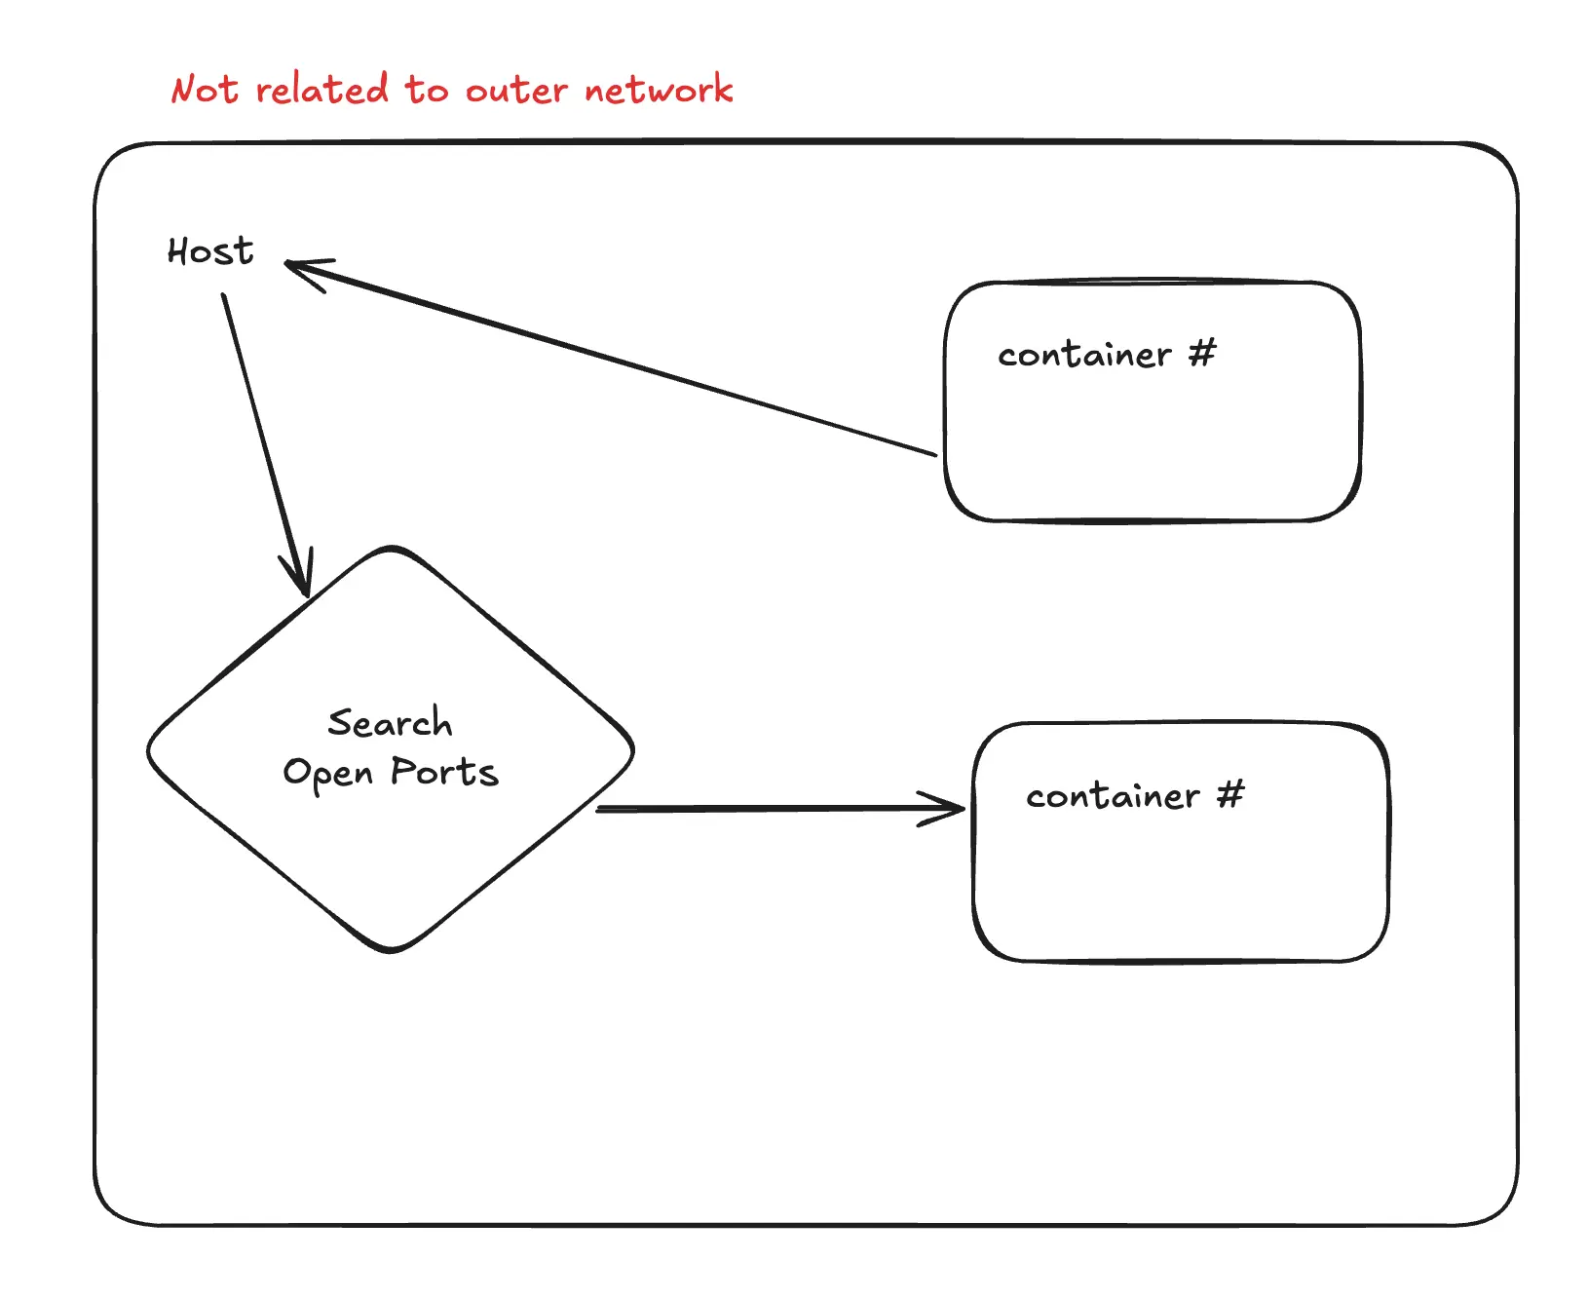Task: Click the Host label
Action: point(210,251)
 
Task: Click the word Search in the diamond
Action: point(390,723)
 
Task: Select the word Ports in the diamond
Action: point(444,772)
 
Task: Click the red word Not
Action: point(205,90)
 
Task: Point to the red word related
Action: point(322,90)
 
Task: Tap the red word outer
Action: point(516,91)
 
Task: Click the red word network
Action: point(659,90)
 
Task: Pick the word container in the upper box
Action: point(1084,355)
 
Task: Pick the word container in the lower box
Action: point(1113,796)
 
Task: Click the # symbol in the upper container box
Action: point(1203,353)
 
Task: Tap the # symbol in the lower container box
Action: point(1231,794)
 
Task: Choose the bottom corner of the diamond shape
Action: point(392,949)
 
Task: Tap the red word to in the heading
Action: point(427,90)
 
